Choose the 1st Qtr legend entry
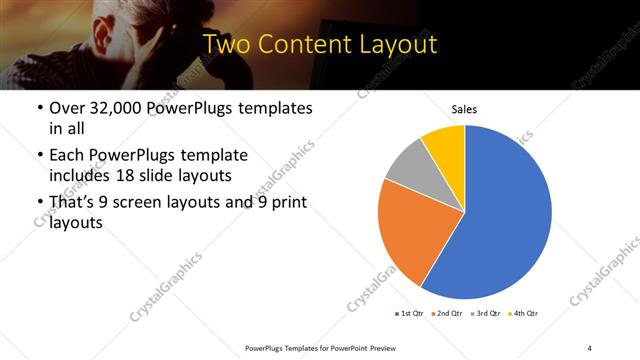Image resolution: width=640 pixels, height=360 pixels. point(410,314)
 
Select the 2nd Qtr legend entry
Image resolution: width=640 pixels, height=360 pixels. point(447,314)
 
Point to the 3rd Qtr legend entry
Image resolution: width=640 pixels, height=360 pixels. point(485,314)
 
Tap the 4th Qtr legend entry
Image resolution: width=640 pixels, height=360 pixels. point(523,314)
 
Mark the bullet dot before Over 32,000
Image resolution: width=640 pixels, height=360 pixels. point(39,108)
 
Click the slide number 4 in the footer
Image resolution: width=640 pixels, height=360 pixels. point(590,347)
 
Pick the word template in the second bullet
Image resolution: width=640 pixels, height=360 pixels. point(215,155)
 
